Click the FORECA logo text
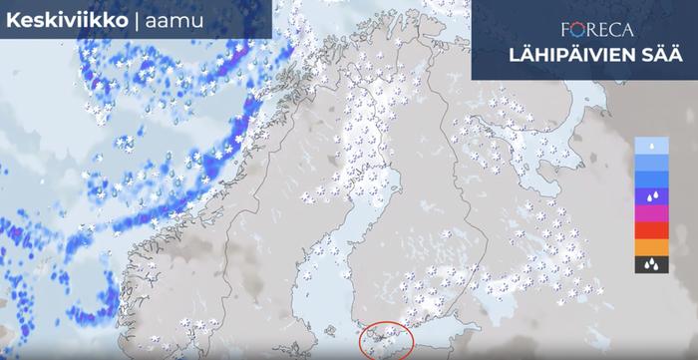pos(595,30)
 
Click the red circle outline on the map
pos(386,342)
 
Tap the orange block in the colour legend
pos(650,247)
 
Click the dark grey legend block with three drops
pos(650,264)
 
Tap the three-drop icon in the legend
pos(650,265)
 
